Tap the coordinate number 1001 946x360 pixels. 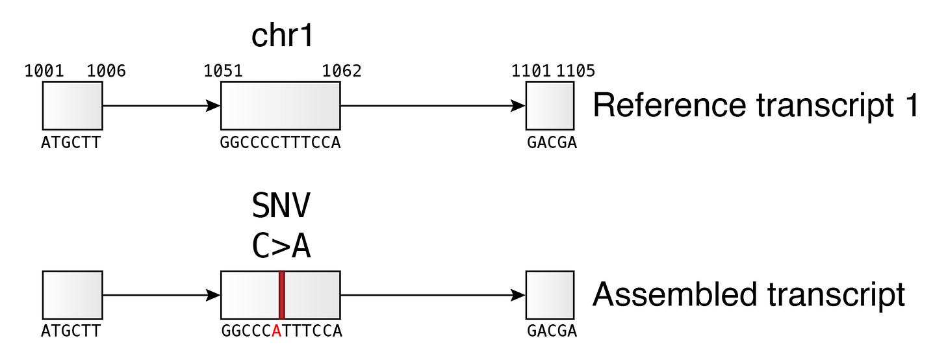point(44,70)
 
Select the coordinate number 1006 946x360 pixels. point(106,70)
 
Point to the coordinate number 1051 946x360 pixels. point(224,70)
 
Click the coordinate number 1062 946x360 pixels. point(342,70)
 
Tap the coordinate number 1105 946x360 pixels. point(576,70)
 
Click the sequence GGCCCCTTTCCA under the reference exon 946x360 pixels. point(281,142)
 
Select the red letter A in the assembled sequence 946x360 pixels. point(277,331)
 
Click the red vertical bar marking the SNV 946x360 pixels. point(281,295)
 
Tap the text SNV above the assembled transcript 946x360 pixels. point(281,207)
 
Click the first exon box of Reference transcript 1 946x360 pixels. point(72,105)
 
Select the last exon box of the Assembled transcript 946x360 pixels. point(550,295)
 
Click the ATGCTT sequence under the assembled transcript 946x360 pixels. point(71,331)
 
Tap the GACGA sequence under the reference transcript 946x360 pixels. point(552,142)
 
